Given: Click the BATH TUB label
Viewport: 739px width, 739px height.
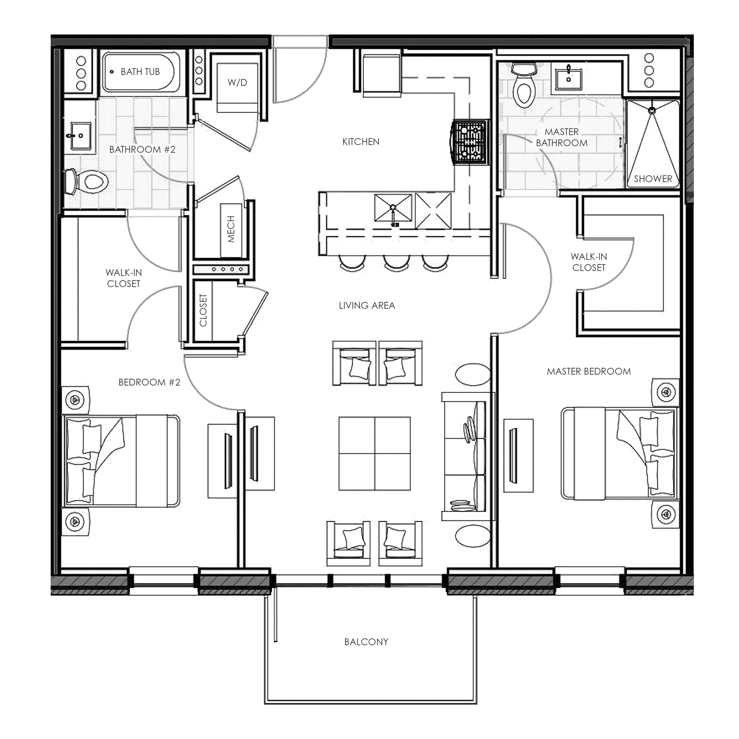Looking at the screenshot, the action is tap(140, 71).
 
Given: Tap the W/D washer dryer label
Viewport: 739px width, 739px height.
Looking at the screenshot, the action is tap(237, 82).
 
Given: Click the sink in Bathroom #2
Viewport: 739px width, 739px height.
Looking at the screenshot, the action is tap(81, 136).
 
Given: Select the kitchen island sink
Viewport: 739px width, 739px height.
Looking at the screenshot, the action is tap(393, 209).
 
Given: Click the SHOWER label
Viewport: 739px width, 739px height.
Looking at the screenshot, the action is tap(652, 179).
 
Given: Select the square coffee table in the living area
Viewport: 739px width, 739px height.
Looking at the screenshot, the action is tap(375, 454).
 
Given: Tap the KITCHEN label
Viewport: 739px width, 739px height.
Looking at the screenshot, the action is tap(361, 141).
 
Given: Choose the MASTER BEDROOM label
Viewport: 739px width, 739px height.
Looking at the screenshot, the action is tap(589, 371).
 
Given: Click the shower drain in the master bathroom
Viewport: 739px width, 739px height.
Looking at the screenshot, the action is tap(652, 110).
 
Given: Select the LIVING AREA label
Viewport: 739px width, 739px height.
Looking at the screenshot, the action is tap(367, 305).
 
